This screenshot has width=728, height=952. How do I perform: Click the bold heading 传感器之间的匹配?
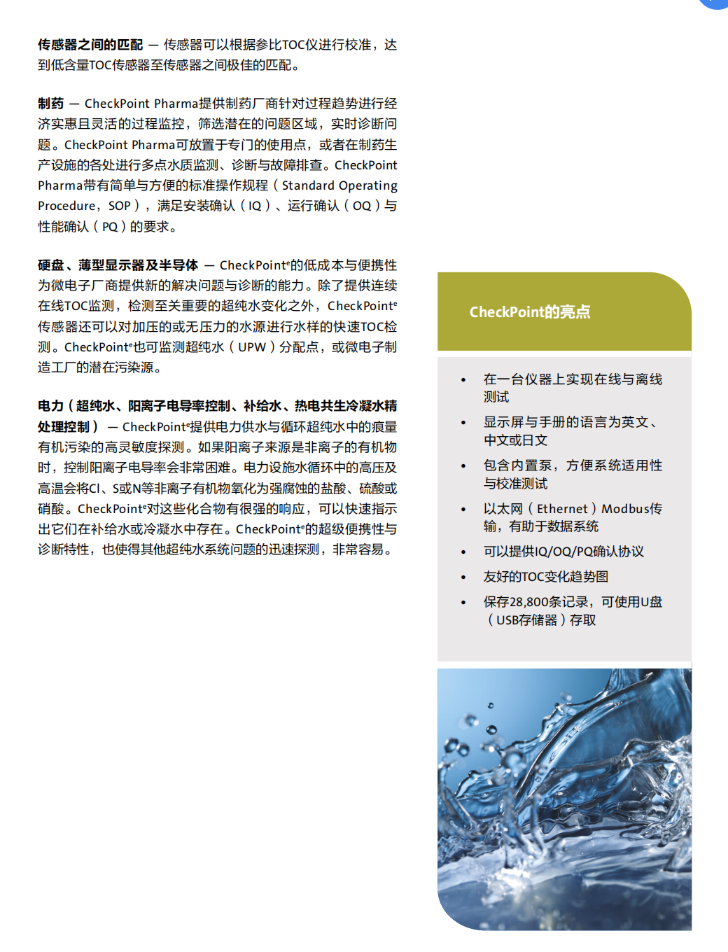(x=90, y=45)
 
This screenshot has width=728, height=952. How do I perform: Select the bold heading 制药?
(x=50, y=104)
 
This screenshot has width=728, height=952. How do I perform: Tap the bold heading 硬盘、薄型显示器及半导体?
(x=118, y=265)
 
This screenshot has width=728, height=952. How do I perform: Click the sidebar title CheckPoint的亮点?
(x=530, y=312)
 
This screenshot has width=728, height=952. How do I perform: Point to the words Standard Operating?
(x=339, y=185)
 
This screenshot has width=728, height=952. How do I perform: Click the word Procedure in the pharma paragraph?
(x=66, y=206)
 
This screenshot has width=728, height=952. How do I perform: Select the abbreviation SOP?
(x=120, y=206)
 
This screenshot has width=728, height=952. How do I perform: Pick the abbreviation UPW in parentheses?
(x=252, y=347)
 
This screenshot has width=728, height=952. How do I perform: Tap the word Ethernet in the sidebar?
(x=562, y=509)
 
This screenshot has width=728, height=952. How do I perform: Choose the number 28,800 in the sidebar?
(x=529, y=602)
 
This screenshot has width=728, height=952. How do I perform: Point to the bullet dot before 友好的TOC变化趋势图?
(x=463, y=577)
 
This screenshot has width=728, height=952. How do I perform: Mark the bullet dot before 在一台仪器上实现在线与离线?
(x=463, y=380)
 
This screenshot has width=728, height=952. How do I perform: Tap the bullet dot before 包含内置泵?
(x=463, y=466)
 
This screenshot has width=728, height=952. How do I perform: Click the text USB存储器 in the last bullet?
(x=526, y=620)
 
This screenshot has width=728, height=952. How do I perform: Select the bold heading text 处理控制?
(x=64, y=427)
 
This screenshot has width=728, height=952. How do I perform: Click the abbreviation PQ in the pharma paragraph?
(x=110, y=227)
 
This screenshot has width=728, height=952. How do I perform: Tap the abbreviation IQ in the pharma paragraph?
(x=255, y=206)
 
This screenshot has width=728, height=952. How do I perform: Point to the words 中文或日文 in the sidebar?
(x=515, y=440)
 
